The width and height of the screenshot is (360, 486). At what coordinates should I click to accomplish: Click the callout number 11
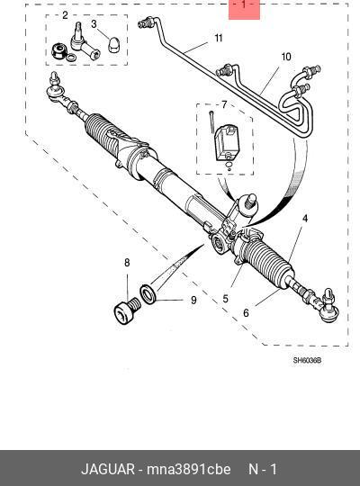click(x=219, y=38)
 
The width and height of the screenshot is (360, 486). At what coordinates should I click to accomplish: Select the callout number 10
click(x=286, y=57)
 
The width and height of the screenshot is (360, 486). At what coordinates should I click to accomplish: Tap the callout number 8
click(x=127, y=263)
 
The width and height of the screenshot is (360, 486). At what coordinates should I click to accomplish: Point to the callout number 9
click(x=193, y=300)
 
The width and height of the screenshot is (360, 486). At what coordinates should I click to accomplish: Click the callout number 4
click(x=305, y=219)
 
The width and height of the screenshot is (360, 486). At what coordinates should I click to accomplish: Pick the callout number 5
click(x=225, y=299)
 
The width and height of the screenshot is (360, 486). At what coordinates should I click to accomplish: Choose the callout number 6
click(x=246, y=313)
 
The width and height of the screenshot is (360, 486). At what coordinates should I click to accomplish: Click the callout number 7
click(x=224, y=105)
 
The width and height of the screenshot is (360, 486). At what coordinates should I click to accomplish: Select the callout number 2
click(x=65, y=15)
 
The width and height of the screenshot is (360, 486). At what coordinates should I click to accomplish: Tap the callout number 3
click(x=94, y=24)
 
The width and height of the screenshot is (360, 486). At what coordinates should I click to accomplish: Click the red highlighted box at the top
click(x=244, y=10)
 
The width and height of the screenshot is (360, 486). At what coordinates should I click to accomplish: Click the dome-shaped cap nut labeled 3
click(x=113, y=46)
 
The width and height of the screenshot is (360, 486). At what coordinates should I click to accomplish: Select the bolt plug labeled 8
click(x=128, y=310)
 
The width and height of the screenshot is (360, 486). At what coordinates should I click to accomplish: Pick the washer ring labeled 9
click(x=148, y=293)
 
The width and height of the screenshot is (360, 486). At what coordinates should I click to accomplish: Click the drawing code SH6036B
click(x=307, y=361)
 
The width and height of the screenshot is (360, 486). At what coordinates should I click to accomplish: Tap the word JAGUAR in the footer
click(x=108, y=469)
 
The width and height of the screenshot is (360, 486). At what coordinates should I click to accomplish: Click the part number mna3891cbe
click(x=188, y=469)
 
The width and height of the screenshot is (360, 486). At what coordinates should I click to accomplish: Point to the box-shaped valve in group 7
click(x=228, y=142)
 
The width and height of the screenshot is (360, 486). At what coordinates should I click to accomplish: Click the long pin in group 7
click(x=211, y=121)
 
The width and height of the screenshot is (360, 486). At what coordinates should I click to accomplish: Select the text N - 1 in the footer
click(x=263, y=469)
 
